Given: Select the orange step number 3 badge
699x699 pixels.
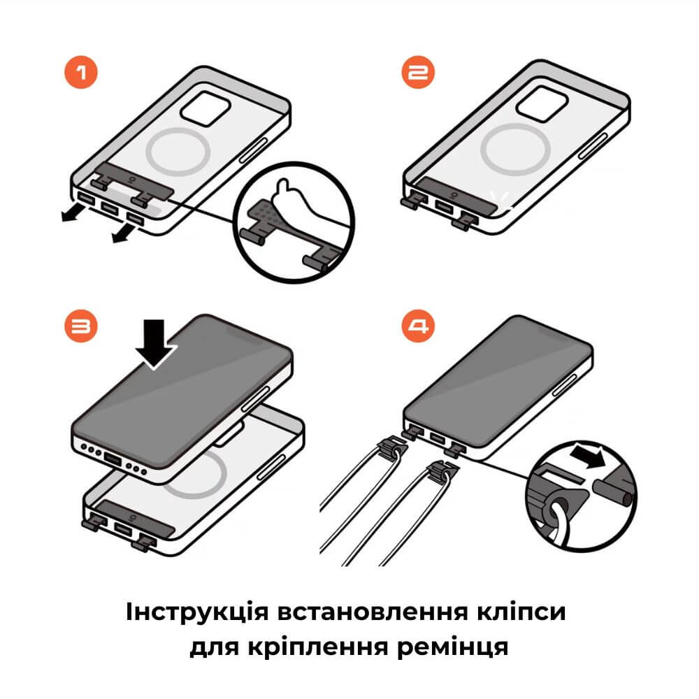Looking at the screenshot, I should point(82,326).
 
